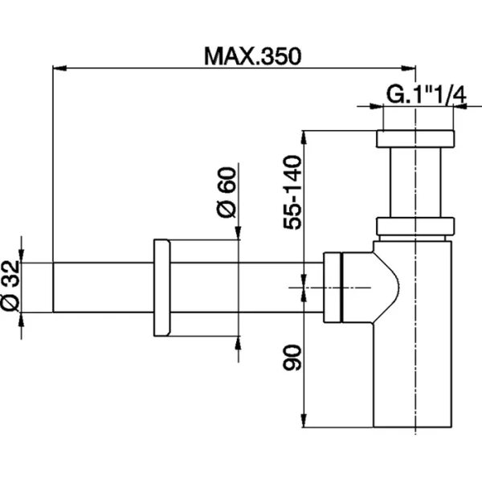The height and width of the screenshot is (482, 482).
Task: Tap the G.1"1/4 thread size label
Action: click(x=426, y=95)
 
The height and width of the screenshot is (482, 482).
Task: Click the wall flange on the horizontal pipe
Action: click(x=161, y=287)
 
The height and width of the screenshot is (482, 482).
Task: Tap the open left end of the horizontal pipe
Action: click(x=54, y=287)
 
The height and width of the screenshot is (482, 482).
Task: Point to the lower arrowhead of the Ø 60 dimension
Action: click(x=238, y=341)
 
